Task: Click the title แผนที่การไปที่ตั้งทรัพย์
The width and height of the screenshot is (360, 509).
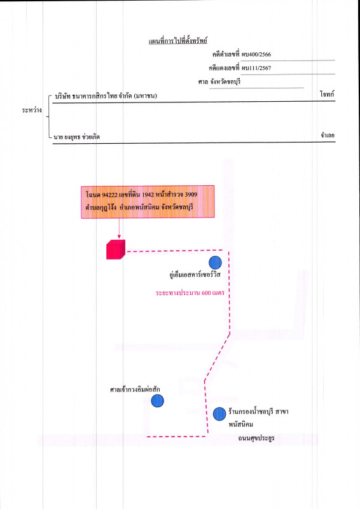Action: [x=178, y=41]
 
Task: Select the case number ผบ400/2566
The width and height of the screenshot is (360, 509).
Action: [x=256, y=54]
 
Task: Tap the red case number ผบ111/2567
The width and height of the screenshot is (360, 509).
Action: [x=256, y=68]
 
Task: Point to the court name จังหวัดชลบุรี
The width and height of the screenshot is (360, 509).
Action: [x=225, y=81]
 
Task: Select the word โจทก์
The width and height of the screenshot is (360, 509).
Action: [x=327, y=94]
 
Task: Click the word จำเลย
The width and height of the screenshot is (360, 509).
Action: [x=328, y=135]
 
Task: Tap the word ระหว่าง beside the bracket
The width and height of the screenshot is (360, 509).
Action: [x=32, y=110]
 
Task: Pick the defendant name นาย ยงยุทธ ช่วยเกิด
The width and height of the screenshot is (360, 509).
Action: [x=77, y=137]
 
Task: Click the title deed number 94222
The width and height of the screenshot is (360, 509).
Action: [x=109, y=195]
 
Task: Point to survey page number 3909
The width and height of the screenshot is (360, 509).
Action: [x=191, y=195]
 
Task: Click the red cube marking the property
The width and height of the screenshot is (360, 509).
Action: [x=116, y=249]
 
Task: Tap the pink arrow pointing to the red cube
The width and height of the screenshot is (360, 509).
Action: [x=119, y=228]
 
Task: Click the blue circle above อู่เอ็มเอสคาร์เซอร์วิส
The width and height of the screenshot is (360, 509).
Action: [x=215, y=263]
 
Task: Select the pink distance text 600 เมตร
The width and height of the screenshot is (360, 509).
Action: [x=213, y=293]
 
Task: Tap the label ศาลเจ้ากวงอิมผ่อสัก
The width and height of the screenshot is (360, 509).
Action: [x=135, y=389]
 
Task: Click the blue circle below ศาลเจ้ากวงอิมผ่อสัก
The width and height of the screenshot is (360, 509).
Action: [x=158, y=401]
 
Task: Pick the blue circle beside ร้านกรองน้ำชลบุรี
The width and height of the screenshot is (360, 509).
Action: [x=219, y=414]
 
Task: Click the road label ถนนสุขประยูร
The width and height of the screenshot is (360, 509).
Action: [x=256, y=438]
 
